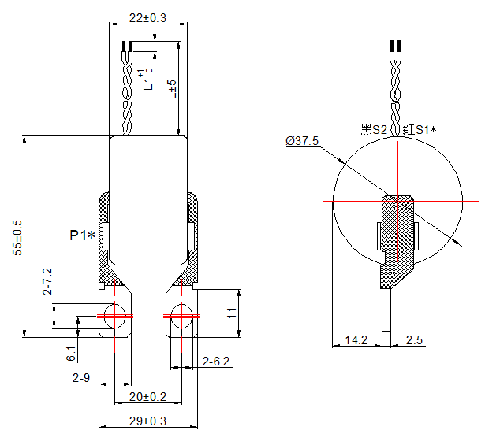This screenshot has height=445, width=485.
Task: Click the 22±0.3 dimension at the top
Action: [x=147, y=17]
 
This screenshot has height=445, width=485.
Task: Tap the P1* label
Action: [x=82, y=235]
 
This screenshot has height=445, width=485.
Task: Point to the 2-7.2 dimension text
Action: [x=47, y=282]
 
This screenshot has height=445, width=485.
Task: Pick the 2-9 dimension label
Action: [x=80, y=379]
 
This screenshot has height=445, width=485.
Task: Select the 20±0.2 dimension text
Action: [x=147, y=396]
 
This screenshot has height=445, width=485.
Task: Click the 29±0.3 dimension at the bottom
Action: [x=147, y=421]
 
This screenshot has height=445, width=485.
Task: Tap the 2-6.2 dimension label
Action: [x=216, y=362]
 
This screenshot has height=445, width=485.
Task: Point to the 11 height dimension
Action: [x=231, y=312]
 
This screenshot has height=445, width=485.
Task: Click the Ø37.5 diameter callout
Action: [x=302, y=141]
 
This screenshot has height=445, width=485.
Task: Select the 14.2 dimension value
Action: [x=356, y=340]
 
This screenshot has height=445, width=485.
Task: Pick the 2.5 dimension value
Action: [x=415, y=340]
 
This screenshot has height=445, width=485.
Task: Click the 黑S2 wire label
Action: [x=373, y=129]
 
